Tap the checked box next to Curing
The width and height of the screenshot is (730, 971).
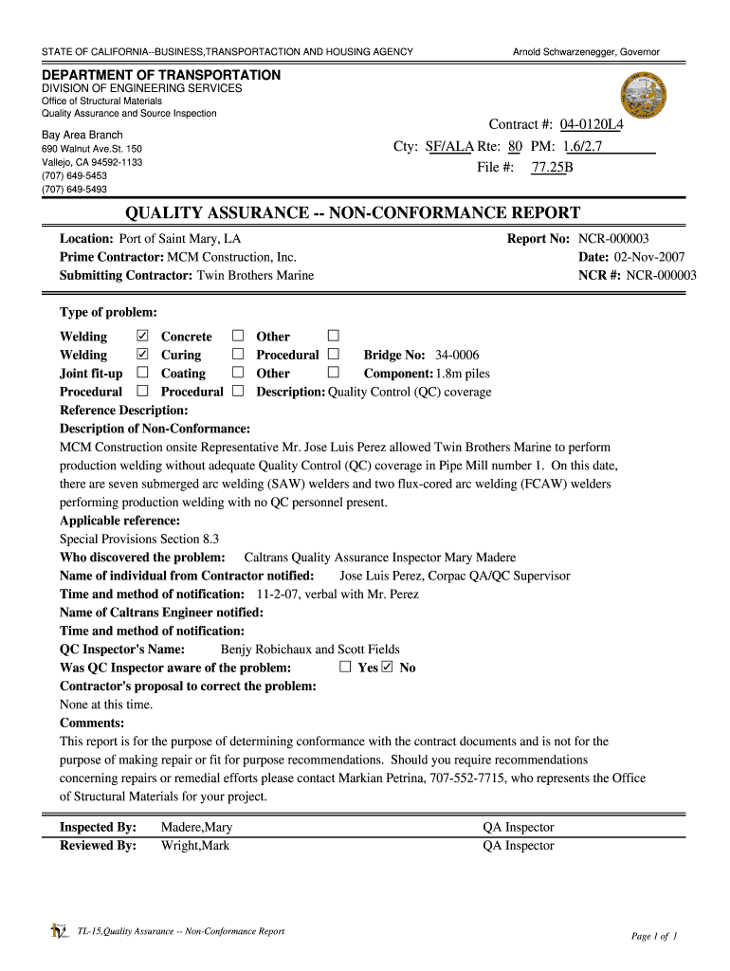(143, 354)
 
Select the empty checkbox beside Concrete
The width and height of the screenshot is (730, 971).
(238, 336)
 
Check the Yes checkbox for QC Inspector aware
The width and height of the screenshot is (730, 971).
(346, 668)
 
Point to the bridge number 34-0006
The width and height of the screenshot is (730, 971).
(458, 355)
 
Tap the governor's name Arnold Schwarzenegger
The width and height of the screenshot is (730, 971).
(586, 51)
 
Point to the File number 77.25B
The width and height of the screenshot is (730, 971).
(552, 168)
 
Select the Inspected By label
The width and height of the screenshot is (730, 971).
(98, 827)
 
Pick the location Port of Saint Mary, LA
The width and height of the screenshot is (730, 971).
(179, 239)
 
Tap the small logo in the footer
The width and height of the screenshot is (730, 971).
(59, 932)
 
